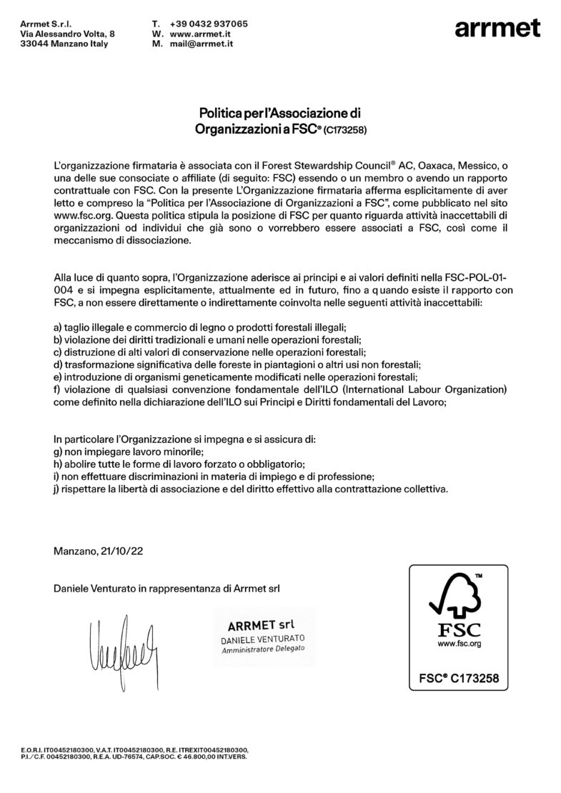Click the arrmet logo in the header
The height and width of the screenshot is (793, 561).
pyautogui.click(x=497, y=29)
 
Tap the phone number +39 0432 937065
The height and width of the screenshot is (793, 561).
pyautogui.click(x=210, y=24)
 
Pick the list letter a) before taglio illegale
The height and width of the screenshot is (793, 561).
pyautogui.click(x=58, y=326)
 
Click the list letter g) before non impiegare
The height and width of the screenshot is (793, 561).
pyautogui.click(x=58, y=452)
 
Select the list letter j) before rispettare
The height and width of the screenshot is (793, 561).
pyautogui.click(x=57, y=489)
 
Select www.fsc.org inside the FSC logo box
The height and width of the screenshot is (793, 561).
pyautogui.click(x=458, y=644)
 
